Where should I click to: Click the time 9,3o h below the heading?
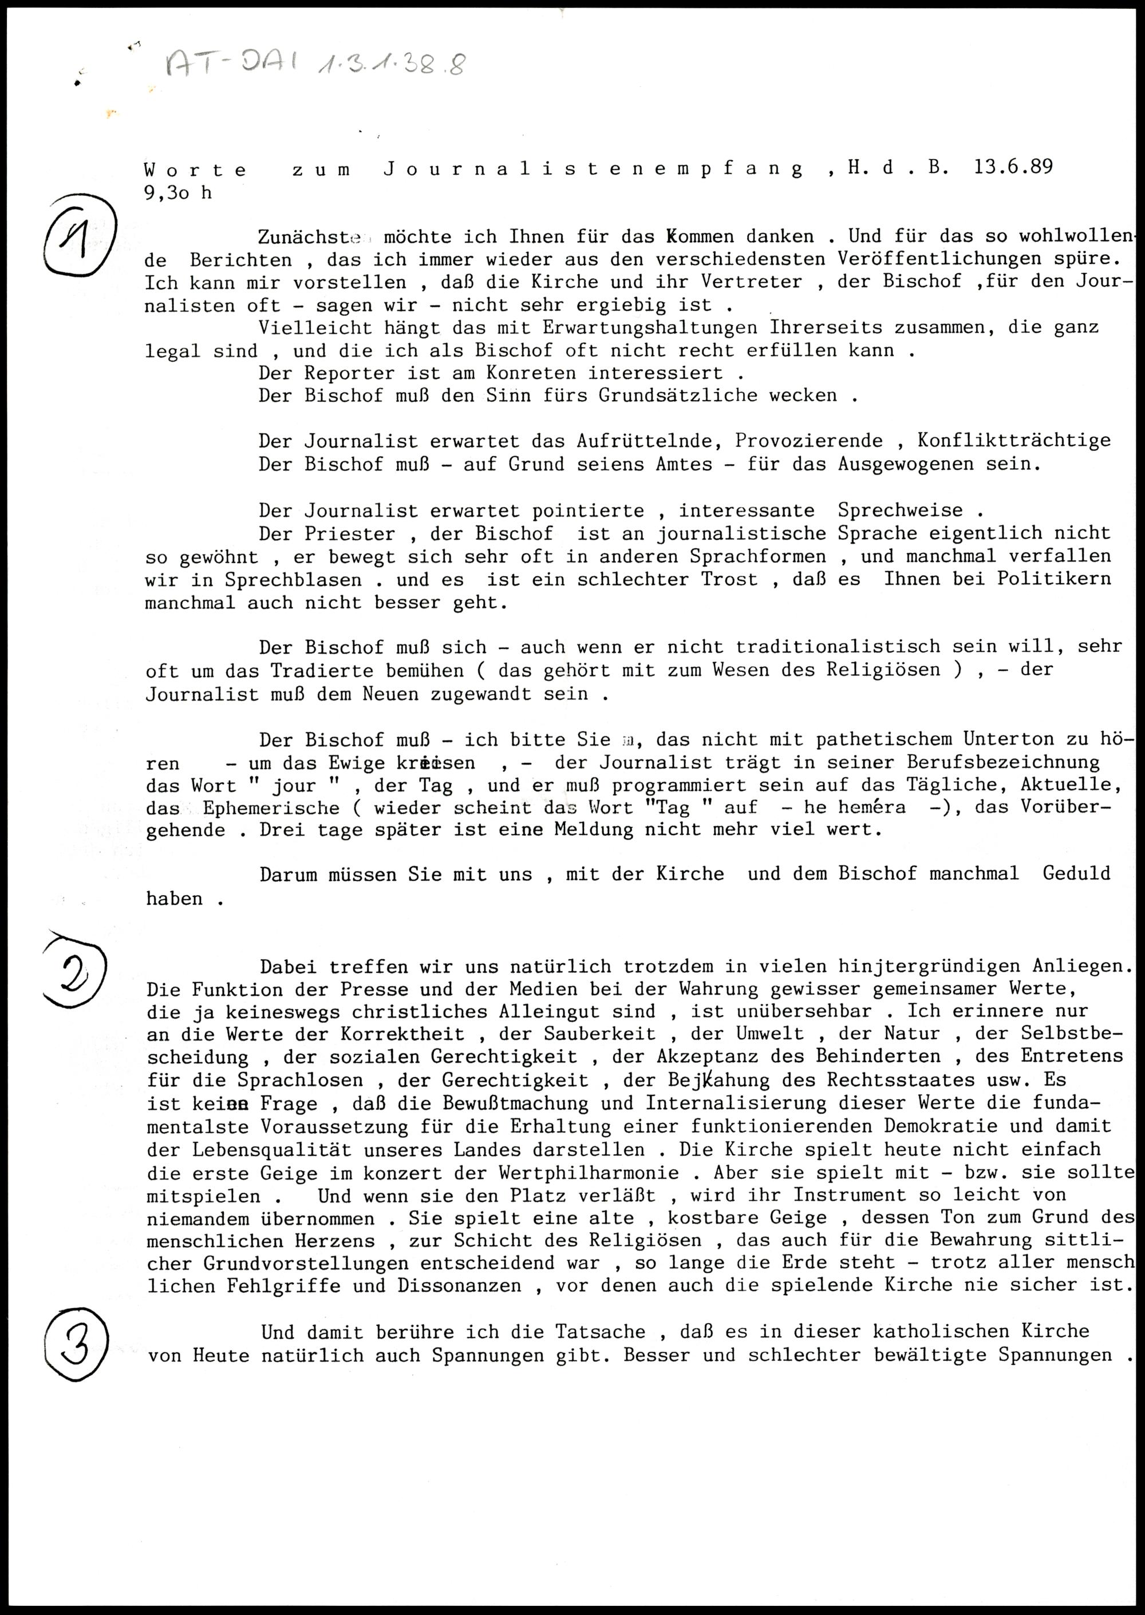[177, 192]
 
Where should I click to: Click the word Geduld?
[1076, 874]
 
